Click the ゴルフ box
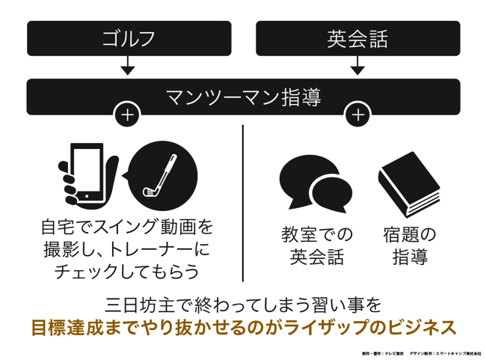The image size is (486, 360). pos(129,38)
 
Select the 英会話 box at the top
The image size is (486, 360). pos(357,38)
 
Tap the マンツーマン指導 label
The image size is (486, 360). pos(243,97)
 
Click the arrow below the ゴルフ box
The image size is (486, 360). pos(128,69)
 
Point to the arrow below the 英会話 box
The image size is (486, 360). pos(357,69)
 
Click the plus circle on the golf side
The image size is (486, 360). pos(127,115)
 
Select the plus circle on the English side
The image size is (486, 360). pos(358,115)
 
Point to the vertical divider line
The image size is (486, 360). pos(244,202)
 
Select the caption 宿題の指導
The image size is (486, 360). pos(409,246)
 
